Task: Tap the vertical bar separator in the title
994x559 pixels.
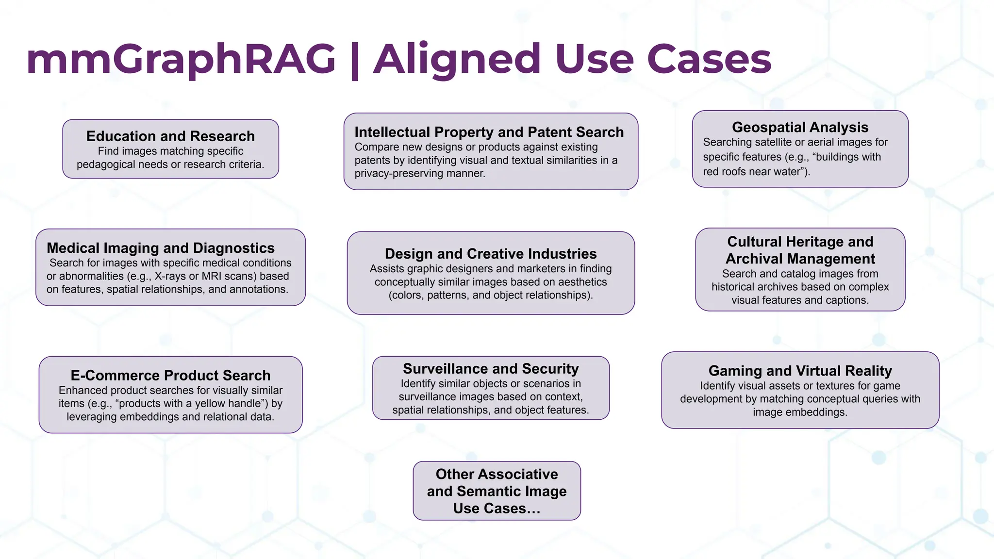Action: tap(355, 60)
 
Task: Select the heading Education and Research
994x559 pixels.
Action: tap(170, 136)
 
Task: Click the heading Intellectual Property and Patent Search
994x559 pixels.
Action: tap(489, 132)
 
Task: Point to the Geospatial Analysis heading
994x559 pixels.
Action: tap(800, 127)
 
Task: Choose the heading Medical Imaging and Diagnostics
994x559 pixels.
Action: tap(160, 248)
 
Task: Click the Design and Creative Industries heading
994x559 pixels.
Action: tap(490, 254)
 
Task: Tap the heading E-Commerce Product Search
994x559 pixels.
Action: tap(170, 375)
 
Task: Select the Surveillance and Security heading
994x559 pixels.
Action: tap(490, 369)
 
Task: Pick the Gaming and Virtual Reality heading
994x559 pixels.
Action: tap(800, 371)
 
